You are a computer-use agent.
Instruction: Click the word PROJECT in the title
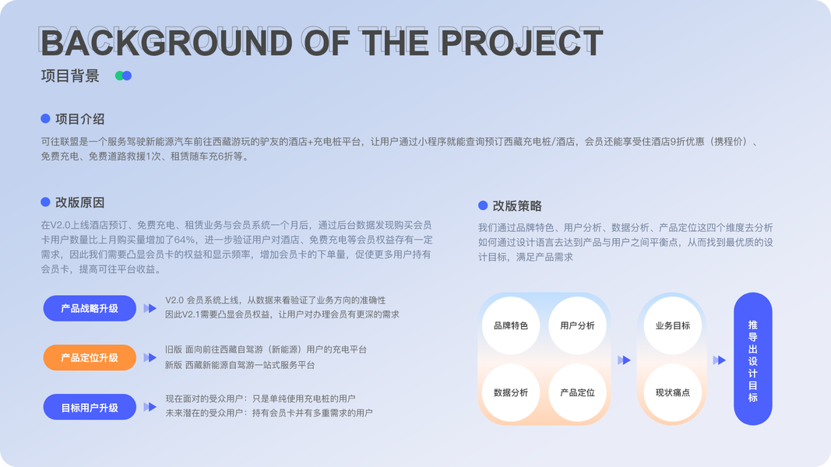pyautogui.click(x=521, y=42)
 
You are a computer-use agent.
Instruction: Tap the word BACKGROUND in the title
pyautogui.click(x=167, y=42)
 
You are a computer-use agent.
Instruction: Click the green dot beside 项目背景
pyautogui.click(x=119, y=75)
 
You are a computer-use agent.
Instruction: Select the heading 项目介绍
pyautogui.click(x=79, y=119)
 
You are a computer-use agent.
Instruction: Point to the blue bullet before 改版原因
pyautogui.click(x=46, y=202)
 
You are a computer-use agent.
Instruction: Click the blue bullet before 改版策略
pyautogui.click(x=483, y=205)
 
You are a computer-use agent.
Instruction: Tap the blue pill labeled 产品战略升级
pyautogui.click(x=90, y=308)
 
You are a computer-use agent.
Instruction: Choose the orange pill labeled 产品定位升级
pyautogui.click(x=90, y=357)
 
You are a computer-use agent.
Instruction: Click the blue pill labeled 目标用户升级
pyautogui.click(x=90, y=407)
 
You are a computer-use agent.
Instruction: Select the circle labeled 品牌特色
pyautogui.click(x=511, y=325)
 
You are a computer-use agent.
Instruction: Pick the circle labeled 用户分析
pyautogui.click(x=577, y=325)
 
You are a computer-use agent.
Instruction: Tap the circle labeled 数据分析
pyautogui.click(x=511, y=392)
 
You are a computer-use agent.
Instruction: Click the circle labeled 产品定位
pyautogui.click(x=577, y=392)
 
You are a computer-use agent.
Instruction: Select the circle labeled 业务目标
pyautogui.click(x=673, y=325)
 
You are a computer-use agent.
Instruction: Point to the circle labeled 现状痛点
pyautogui.click(x=673, y=392)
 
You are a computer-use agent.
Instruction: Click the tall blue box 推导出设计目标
pyautogui.click(x=752, y=359)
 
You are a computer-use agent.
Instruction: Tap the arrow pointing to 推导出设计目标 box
pyautogui.click(x=719, y=360)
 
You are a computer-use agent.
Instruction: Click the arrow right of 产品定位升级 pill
pyautogui.click(x=150, y=358)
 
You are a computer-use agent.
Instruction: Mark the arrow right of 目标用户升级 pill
pyautogui.click(x=150, y=407)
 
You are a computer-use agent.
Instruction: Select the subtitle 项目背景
pyautogui.click(x=70, y=75)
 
